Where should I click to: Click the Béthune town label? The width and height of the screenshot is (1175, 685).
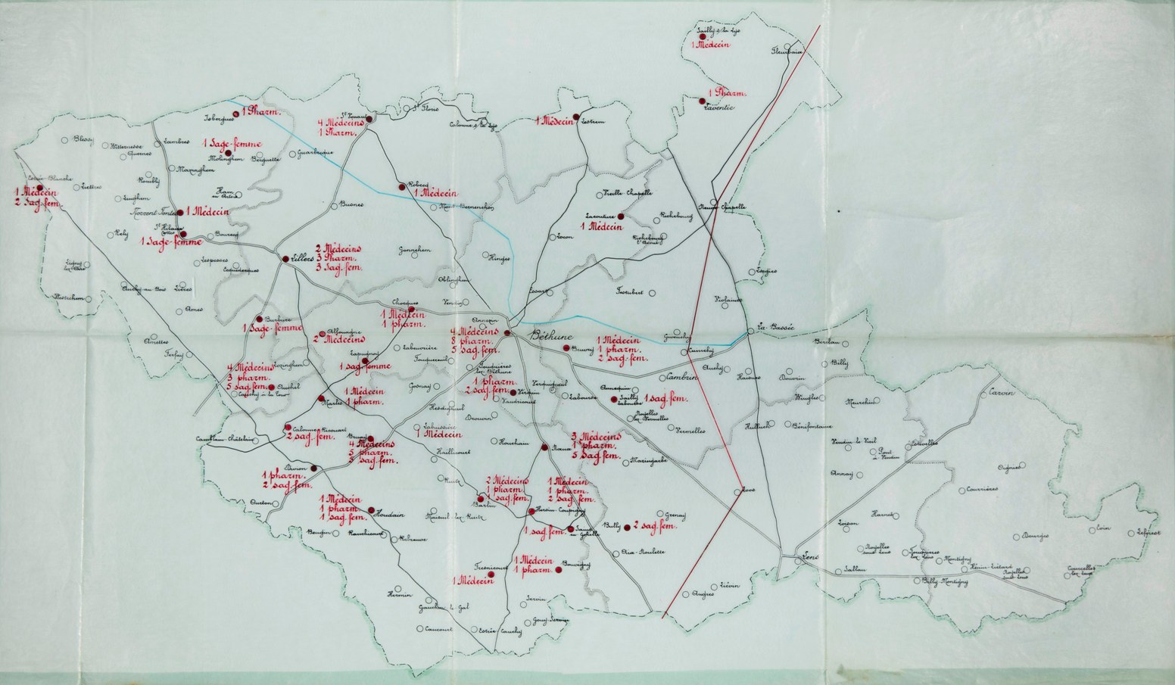coord(553,337)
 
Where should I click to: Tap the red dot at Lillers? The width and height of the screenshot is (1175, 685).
coord(285,260)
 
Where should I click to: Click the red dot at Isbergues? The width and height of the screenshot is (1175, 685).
coord(236,114)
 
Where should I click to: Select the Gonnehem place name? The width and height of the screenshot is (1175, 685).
coord(415,250)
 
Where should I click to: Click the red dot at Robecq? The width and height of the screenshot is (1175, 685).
coord(401,185)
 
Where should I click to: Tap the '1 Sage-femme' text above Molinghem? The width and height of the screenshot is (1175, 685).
coord(232,143)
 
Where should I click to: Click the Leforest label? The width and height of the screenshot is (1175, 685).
coord(1148,531)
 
